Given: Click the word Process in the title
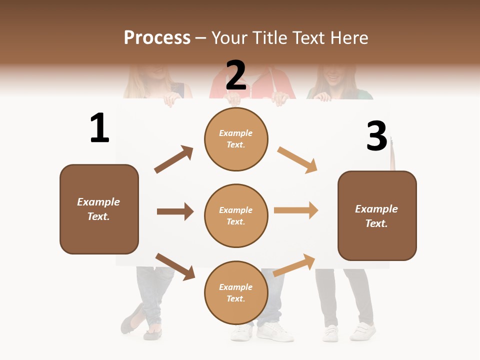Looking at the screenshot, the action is point(157,37).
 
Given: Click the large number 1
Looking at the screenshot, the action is point(99,128).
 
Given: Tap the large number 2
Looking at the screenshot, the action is point(236,75).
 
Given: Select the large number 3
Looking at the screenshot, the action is point(376,136).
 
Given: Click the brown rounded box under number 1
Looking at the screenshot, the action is point(99,209).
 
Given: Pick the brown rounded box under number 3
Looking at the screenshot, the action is point(377,215).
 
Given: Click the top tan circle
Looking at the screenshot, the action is point(236,139).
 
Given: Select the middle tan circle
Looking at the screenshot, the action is point(236,215).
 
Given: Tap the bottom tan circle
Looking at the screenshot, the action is point(236,292).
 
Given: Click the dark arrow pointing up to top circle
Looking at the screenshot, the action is point(173,159).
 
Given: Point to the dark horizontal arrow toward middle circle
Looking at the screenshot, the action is point(175,211).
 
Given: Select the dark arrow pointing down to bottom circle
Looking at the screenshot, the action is point(175,266).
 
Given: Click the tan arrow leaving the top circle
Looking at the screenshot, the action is point(297,159).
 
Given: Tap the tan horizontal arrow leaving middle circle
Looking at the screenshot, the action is point(296,210).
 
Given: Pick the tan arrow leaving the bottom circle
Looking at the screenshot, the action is point(294,265).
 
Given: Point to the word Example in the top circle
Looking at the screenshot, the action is point(236,133).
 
